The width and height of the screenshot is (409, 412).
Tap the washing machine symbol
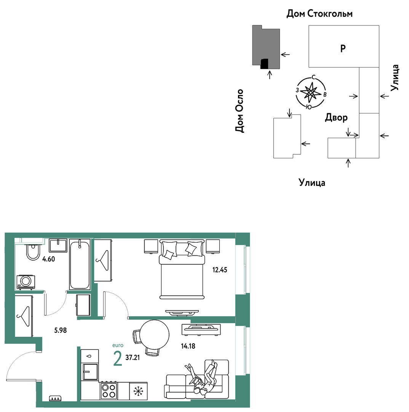(26, 282)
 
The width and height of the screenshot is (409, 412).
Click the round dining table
(154, 335)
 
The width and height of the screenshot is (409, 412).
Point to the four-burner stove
(109, 391)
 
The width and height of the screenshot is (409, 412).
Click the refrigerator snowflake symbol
(138, 391)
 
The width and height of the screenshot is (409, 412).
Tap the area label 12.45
(220, 270)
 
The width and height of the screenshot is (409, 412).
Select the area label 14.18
(188, 346)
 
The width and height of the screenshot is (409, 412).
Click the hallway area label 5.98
(60, 330)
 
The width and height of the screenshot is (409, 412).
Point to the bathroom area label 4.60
(48, 259)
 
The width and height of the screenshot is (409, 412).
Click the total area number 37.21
(133, 357)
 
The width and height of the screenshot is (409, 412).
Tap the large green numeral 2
(118, 358)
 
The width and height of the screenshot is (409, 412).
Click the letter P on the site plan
(343, 48)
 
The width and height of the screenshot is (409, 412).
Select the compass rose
(311, 92)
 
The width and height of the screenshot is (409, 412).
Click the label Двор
(336, 117)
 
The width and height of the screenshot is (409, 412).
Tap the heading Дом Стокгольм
(319, 13)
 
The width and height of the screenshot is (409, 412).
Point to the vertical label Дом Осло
(239, 111)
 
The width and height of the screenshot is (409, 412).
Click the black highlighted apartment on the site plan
(264, 64)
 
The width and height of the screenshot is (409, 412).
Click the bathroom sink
(58, 245)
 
